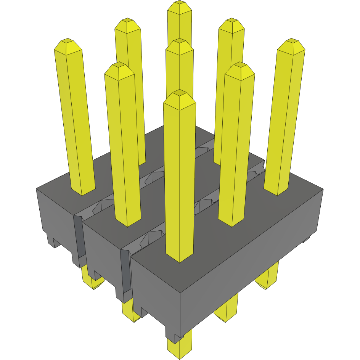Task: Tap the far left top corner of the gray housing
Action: coord(37,188)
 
